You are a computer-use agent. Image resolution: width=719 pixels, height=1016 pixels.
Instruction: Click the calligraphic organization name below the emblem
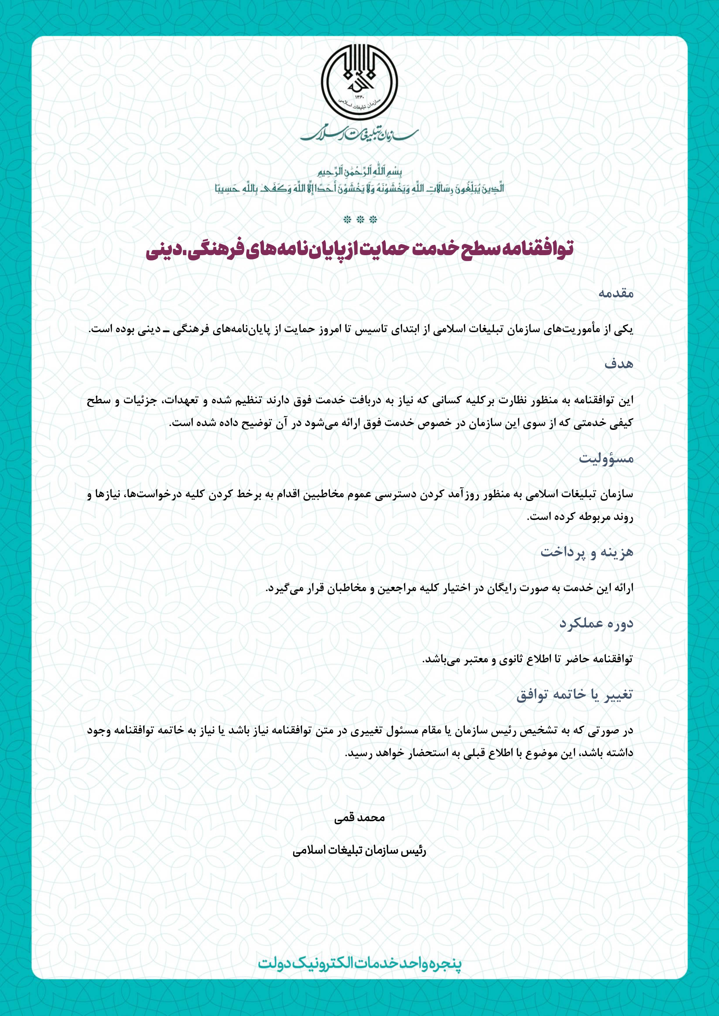pyautogui.click(x=359, y=133)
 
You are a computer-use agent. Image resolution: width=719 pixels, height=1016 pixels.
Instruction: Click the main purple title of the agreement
pyautogui.click(x=359, y=249)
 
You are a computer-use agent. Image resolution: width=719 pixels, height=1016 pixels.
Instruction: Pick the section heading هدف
pyautogui.click(x=619, y=364)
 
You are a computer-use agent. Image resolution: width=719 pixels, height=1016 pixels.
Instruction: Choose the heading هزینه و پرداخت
pyautogui.click(x=587, y=552)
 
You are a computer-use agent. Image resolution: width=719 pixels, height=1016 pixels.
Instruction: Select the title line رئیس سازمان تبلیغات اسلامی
pyautogui.click(x=359, y=851)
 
